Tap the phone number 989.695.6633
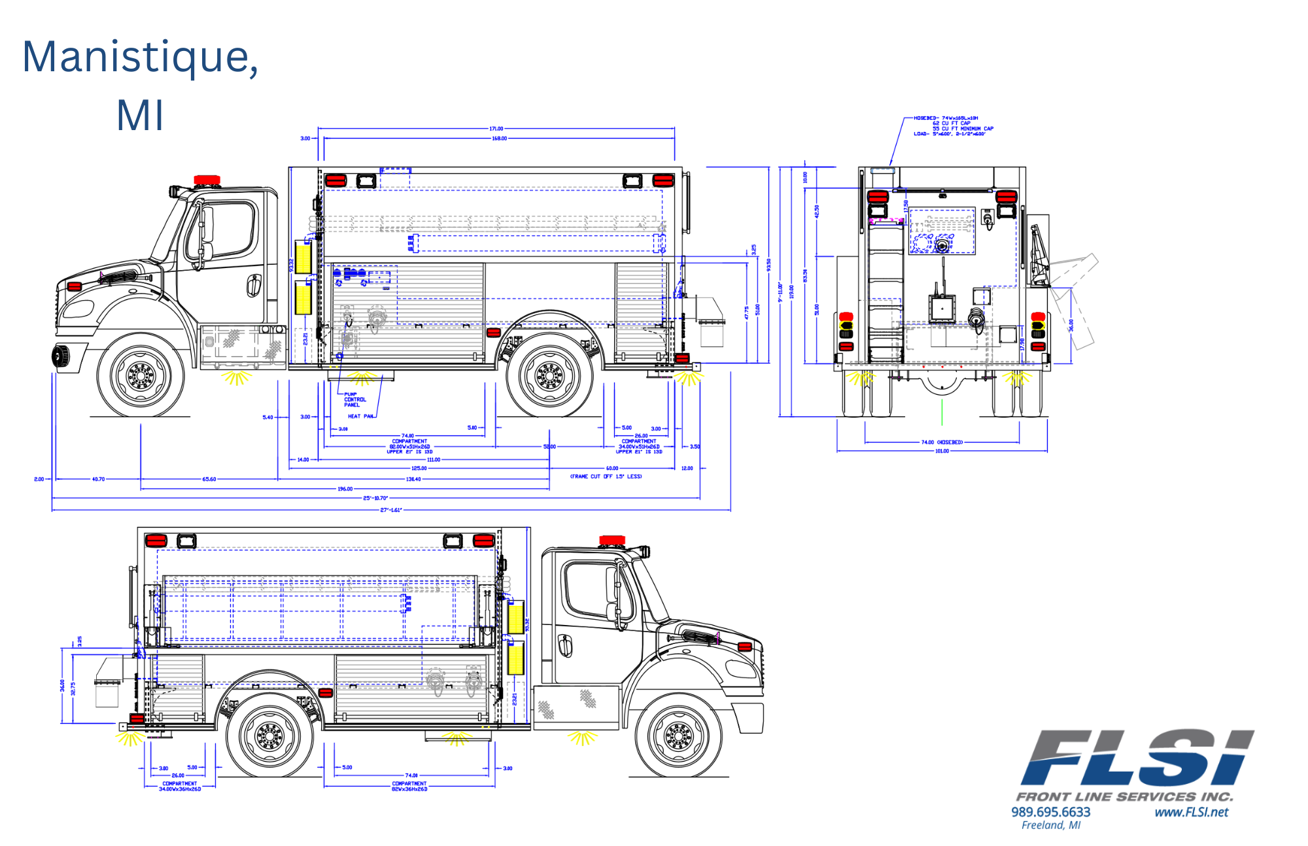click(1051, 812)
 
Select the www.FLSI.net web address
click(1191, 812)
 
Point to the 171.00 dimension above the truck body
click(496, 129)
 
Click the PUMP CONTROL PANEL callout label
click(354, 399)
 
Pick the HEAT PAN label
click(360, 416)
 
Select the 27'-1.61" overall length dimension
click(391, 510)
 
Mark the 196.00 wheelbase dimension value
click(345, 489)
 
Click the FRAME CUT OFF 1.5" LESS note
click(606, 477)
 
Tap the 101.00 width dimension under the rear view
click(942, 451)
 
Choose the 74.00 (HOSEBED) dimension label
click(942, 443)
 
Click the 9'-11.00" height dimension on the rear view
click(780, 291)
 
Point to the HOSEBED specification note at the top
click(953, 126)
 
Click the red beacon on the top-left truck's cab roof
click(207, 180)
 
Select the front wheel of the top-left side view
click(141, 376)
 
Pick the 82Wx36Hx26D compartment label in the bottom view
click(409, 789)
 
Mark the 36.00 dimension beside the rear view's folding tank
click(1071, 325)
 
